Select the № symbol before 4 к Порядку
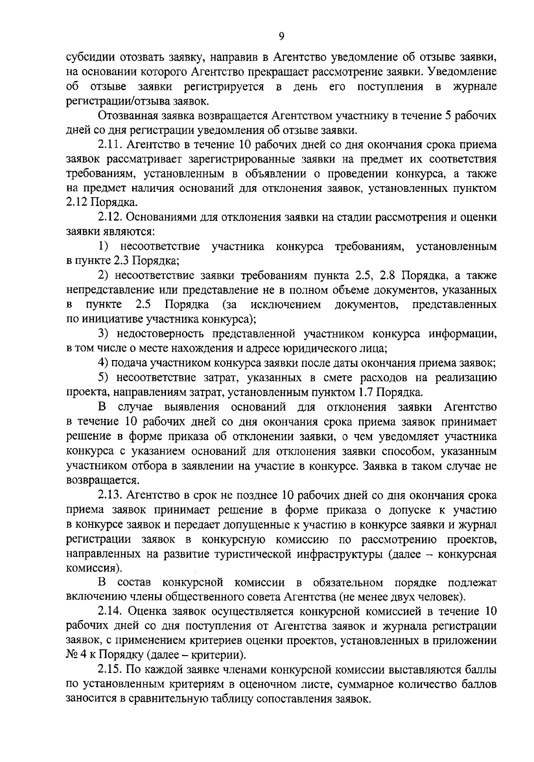(x=72, y=655)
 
